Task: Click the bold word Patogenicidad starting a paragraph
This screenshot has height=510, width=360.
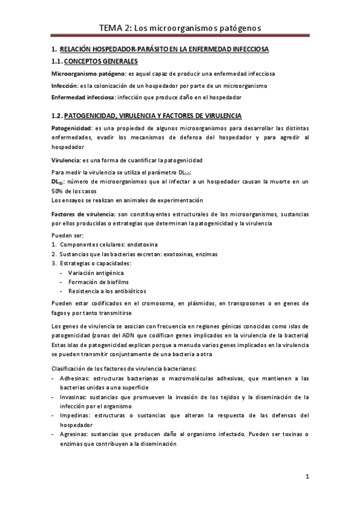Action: pyautogui.click(x=71, y=128)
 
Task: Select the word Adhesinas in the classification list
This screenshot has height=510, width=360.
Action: pyautogui.click(x=75, y=378)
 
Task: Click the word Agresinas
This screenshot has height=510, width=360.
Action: pyautogui.click(x=75, y=434)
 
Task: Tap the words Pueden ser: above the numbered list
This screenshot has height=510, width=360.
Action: pyautogui.click(x=67, y=236)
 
